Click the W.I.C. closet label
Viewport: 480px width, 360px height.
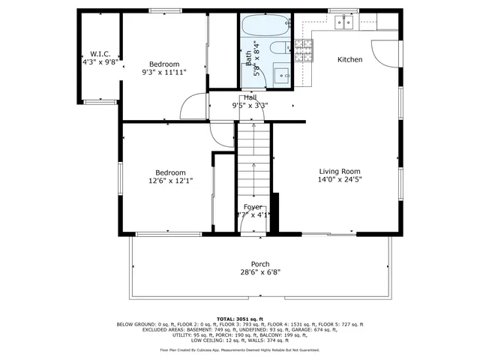[x=100, y=54]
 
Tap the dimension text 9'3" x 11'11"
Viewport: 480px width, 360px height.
[x=163, y=73]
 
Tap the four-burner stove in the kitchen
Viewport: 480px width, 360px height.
[x=303, y=50]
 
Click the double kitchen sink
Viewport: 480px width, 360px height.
[x=345, y=23]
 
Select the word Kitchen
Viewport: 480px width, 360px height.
[x=349, y=59]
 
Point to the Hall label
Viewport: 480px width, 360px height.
[x=250, y=97]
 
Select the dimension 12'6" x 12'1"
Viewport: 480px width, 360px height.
[x=170, y=180]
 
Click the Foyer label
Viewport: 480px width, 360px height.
[x=253, y=206]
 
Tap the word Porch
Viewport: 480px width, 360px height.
[x=260, y=263]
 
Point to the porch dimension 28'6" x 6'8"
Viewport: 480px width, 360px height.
[x=260, y=272]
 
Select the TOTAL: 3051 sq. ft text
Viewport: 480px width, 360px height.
[x=239, y=319]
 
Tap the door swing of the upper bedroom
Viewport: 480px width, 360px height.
[x=196, y=106]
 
